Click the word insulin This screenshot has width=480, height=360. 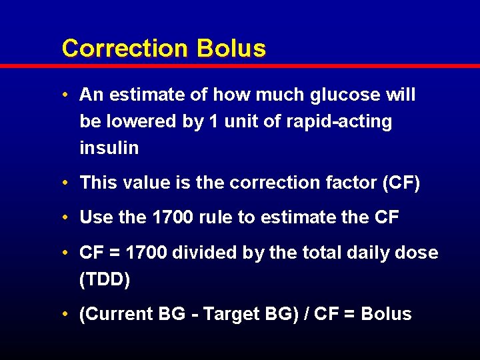[109, 148]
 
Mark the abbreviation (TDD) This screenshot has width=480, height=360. [105, 279]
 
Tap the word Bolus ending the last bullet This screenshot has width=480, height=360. [386, 314]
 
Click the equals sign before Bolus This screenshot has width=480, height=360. [349, 315]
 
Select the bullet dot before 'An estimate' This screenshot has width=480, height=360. [68, 95]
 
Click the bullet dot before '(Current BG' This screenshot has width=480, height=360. [68, 315]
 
